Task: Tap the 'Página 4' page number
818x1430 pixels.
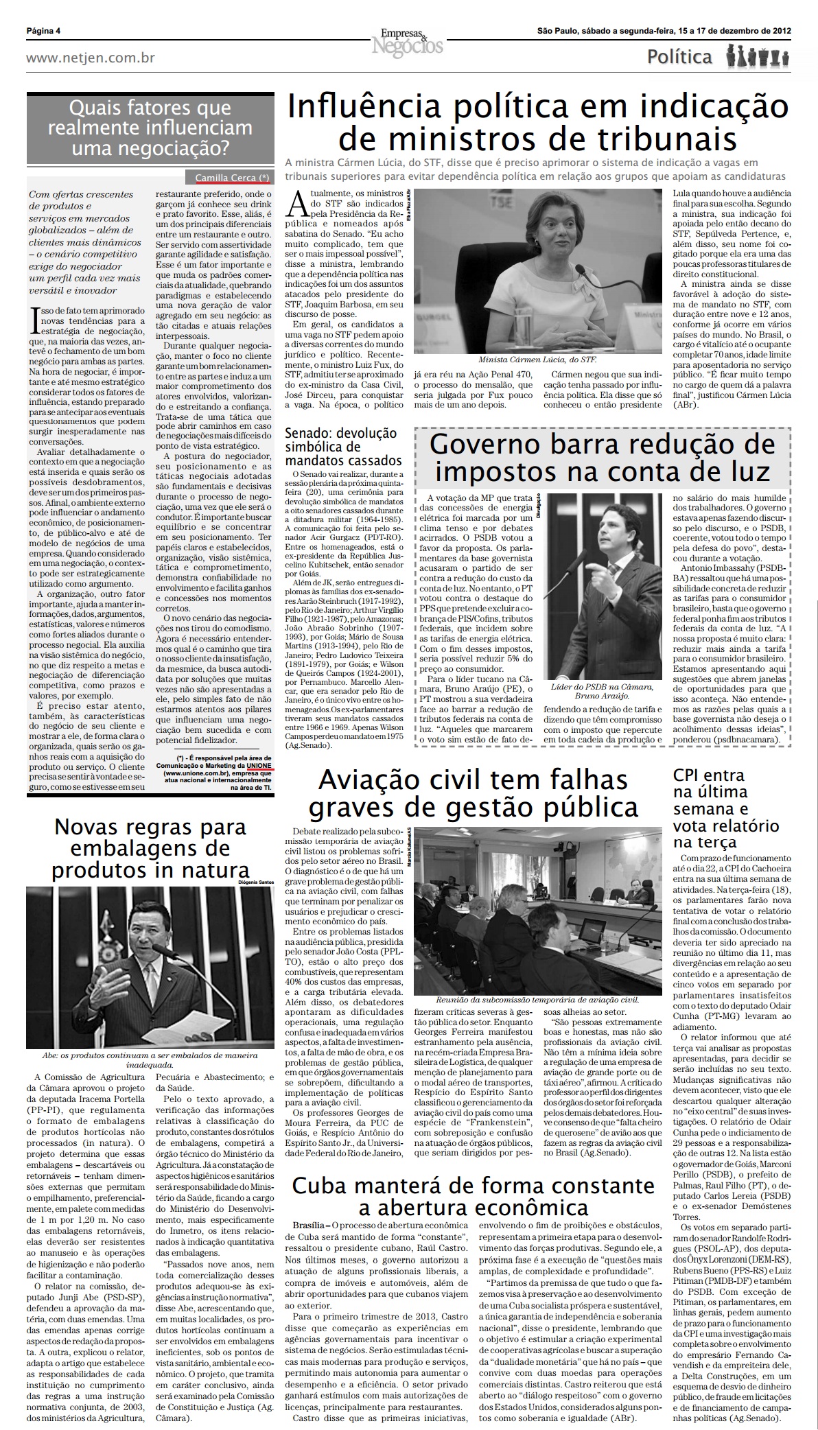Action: (43, 31)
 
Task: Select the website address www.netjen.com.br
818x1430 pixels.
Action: (90, 58)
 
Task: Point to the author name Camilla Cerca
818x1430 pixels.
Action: (226, 178)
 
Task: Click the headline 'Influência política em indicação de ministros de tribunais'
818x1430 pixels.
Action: (537, 122)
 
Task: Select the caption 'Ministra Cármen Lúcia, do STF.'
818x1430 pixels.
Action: (537, 359)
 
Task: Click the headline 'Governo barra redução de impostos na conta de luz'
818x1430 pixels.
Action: (602, 458)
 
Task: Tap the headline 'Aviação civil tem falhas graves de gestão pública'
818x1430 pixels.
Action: (473, 794)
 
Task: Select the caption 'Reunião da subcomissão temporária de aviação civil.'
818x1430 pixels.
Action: (537, 1000)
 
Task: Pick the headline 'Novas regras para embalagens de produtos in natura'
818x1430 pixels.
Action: (150, 849)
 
